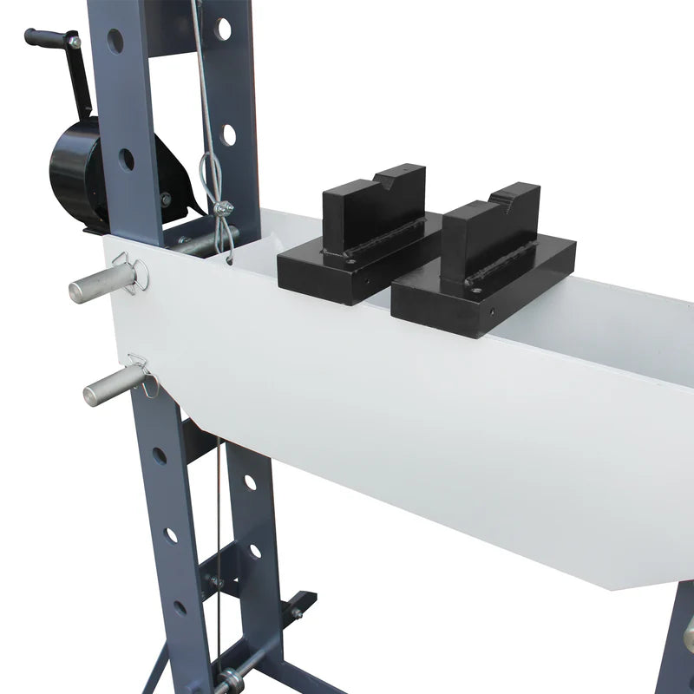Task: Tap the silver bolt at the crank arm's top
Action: [x=75, y=42]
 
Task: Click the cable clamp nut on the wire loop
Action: [x=224, y=208]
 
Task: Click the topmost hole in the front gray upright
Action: [x=115, y=41]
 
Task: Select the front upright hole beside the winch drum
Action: [x=127, y=160]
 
